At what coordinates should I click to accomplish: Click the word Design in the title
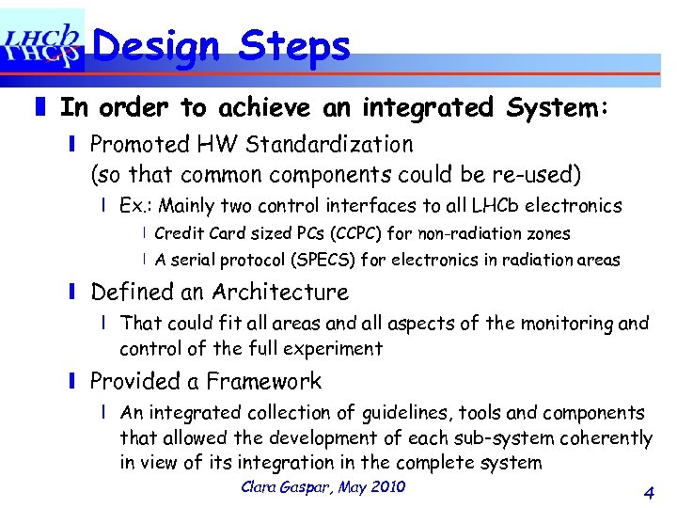point(157,45)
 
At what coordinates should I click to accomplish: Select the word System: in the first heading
point(558,108)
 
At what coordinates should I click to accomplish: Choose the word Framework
point(264,381)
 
